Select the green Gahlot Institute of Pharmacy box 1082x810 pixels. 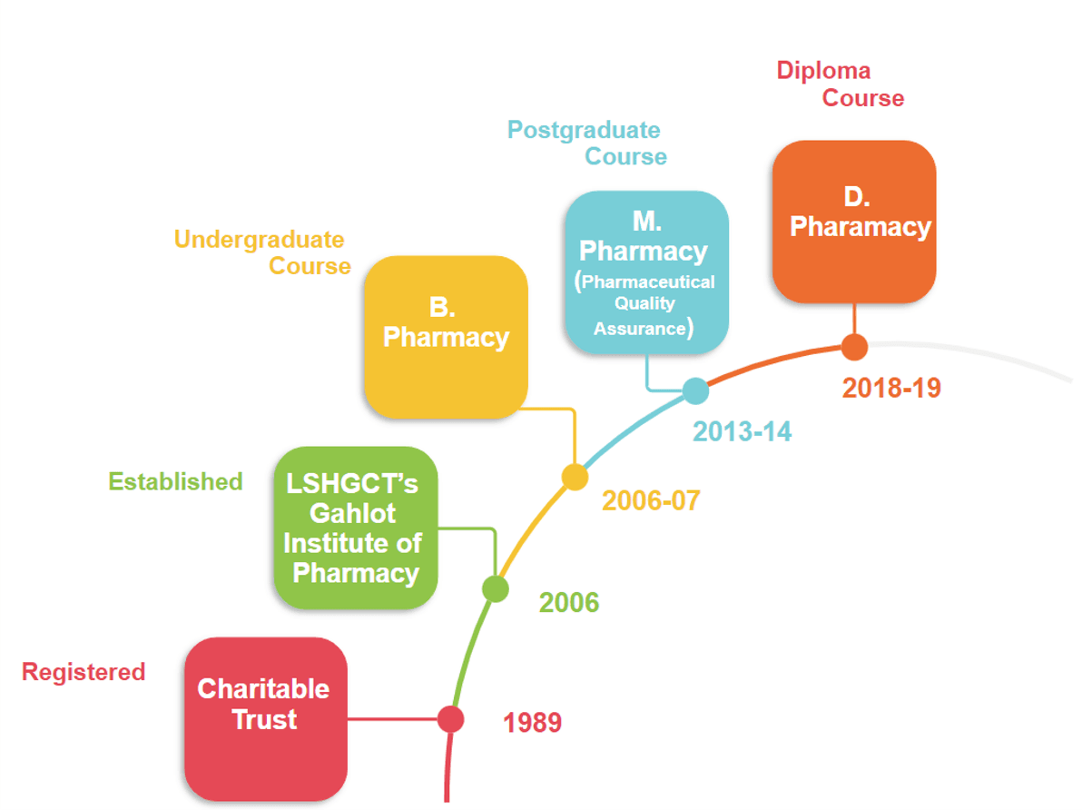(355, 528)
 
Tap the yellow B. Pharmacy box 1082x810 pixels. (445, 337)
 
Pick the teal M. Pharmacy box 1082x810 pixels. (645, 272)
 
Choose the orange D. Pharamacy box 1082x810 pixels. (853, 221)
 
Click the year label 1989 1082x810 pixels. (533, 723)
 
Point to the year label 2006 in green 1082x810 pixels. (569, 602)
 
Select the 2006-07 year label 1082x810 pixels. (651, 500)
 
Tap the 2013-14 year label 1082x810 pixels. (743, 431)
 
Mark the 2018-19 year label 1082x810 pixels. (891, 388)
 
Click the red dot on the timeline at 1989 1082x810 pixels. (450, 719)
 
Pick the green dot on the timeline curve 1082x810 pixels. (496, 588)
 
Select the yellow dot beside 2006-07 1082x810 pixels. (575, 477)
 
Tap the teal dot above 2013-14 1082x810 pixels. (695, 391)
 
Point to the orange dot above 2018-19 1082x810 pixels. (853, 347)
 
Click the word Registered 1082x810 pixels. (84, 672)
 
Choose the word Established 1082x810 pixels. (175, 481)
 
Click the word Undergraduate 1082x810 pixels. (259, 240)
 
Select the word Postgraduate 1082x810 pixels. (584, 130)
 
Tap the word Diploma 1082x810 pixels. (823, 71)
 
